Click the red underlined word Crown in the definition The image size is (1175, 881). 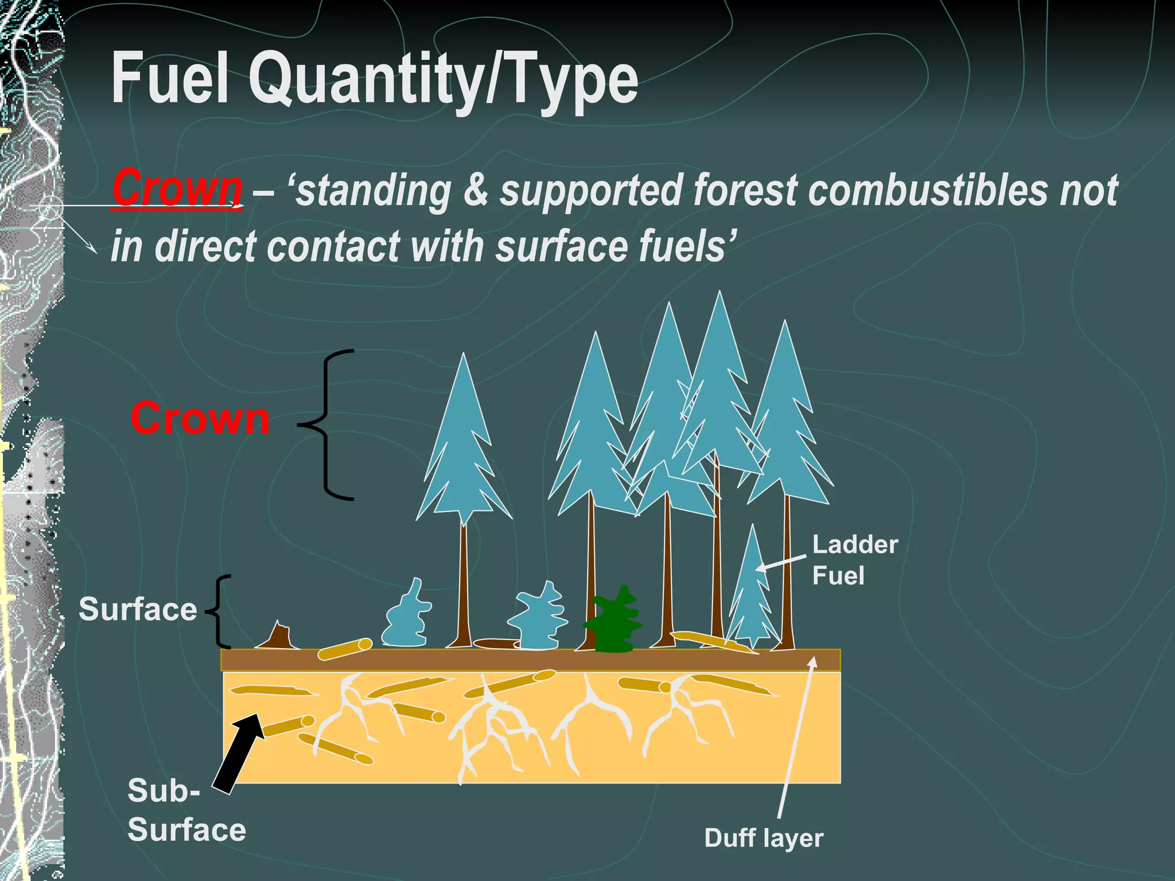click(x=177, y=188)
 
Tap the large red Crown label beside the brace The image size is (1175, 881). click(x=200, y=418)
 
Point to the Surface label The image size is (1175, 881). click(x=138, y=609)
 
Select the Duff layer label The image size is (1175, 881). click(x=763, y=838)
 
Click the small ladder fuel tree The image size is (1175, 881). click(x=752, y=597)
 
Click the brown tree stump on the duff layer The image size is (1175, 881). click(x=278, y=637)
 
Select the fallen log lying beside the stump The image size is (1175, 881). click(x=345, y=649)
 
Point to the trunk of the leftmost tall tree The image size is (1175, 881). click(x=464, y=585)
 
